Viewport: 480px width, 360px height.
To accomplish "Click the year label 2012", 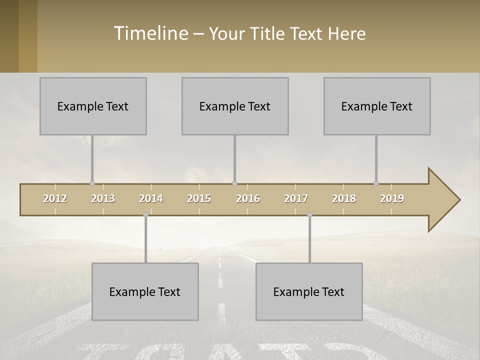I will click(55, 198).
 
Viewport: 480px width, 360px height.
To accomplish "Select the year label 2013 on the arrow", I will click(103, 198).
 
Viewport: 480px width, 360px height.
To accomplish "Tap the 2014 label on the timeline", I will click(151, 198).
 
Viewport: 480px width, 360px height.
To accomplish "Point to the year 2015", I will click(199, 198).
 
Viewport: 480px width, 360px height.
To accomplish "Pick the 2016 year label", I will click(248, 198).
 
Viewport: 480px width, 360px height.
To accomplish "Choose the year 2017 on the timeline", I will click(296, 198).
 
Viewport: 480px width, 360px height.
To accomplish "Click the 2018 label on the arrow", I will click(344, 198).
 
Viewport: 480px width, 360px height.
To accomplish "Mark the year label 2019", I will click(392, 198).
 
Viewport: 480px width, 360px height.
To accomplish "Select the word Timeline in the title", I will click(150, 33).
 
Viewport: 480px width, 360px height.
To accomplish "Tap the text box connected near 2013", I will click(93, 106).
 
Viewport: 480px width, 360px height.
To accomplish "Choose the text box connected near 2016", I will click(235, 106).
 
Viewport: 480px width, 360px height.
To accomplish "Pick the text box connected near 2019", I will click(377, 106).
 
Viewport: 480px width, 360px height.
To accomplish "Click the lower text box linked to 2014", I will click(145, 291).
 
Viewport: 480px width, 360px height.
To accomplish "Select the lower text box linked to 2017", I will click(309, 291).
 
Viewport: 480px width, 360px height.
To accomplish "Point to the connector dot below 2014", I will click(146, 215).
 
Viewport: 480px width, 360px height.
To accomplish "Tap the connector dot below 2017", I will click(310, 215).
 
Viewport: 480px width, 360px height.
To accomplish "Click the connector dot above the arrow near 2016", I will click(235, 183).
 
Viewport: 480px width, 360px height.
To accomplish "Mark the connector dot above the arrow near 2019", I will click(376, 183).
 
